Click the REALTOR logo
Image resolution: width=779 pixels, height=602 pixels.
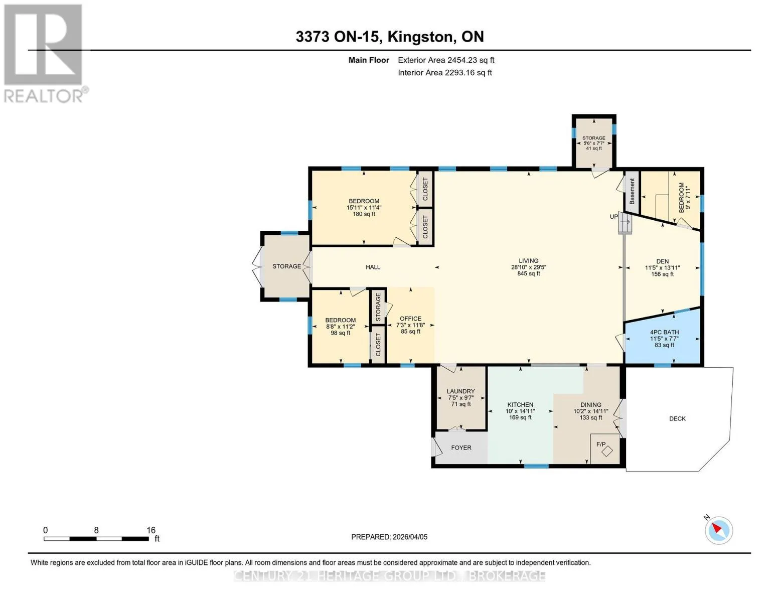[45, 54]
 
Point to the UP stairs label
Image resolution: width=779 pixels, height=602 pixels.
[614, 217]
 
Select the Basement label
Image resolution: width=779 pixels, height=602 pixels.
[632, 192]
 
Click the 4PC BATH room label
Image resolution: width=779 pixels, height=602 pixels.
[664, 333]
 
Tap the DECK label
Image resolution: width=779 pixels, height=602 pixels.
[677, 419]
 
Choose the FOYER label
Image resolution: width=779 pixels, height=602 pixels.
[461, 448]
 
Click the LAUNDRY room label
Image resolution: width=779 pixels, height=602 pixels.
[460, 391]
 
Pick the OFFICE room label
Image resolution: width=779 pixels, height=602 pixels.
[410, 319]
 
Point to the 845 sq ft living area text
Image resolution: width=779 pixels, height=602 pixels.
[528, 273]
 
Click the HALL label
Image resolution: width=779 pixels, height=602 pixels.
[373, 267]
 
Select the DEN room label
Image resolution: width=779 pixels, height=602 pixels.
[662, 261]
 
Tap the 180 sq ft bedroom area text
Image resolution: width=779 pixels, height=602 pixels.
[364, 214]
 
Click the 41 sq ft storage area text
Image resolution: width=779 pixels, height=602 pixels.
[594, 148]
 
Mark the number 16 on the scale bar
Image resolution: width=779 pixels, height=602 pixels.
[151, 530]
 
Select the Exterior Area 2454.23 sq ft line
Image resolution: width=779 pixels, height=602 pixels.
[446, 60]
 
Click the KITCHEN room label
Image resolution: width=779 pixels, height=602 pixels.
[520, 405]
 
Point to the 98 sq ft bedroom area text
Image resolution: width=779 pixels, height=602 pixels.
[340, 333]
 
